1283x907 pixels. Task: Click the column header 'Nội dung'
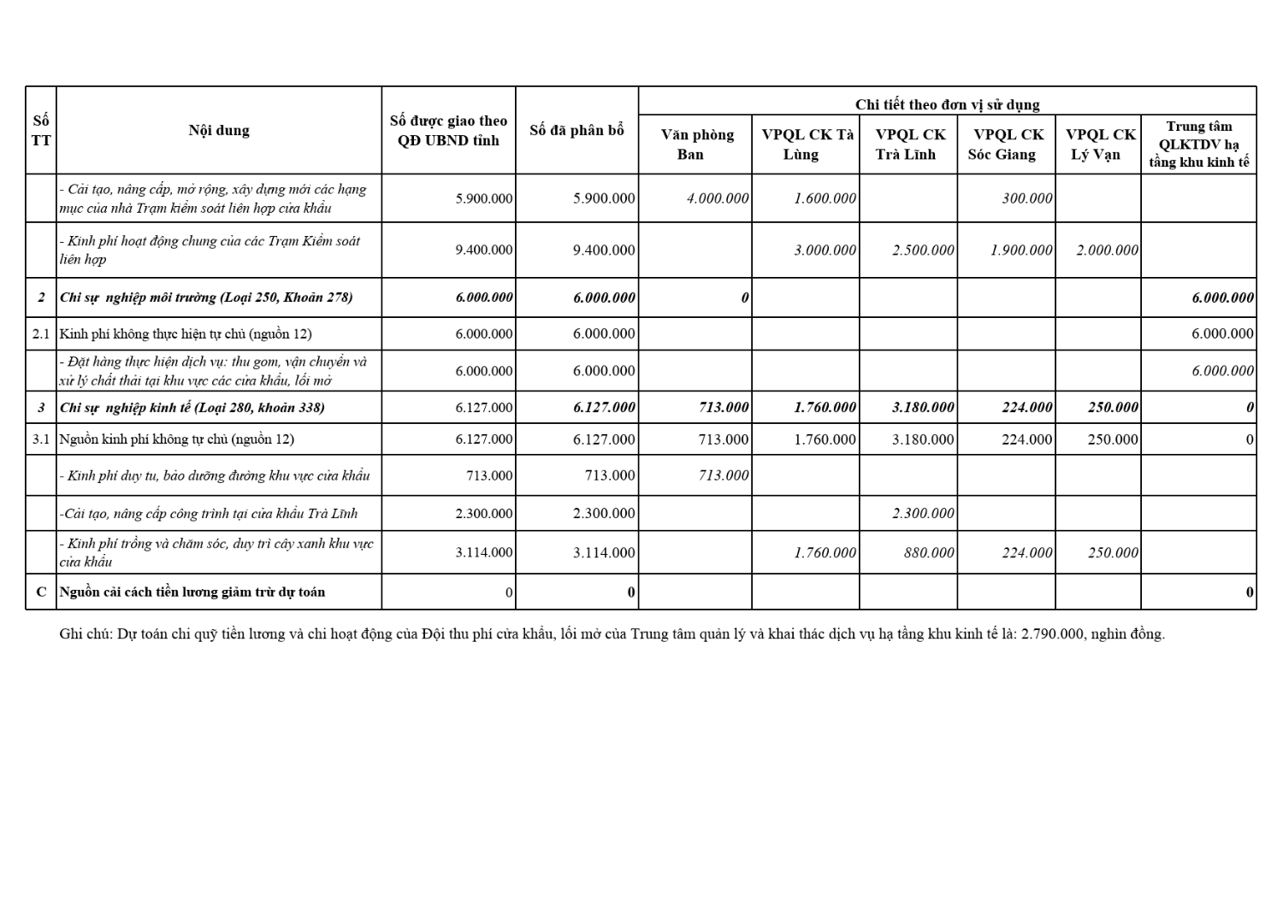tap(219, 130)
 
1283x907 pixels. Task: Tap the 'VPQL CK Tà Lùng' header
tap(806, 144)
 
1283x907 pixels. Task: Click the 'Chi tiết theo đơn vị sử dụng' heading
tap(947, 104)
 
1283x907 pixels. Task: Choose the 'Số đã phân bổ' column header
tap(576, 130)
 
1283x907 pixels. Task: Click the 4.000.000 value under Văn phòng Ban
tap(718, 198)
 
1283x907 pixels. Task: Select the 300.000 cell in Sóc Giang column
tap(1027, 198)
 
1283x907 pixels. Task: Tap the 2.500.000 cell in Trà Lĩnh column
tap(923, 250)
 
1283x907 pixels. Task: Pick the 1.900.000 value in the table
tap(1021, 250)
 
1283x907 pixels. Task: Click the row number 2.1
tap(41, 334)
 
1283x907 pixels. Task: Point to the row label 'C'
tap(41, 592)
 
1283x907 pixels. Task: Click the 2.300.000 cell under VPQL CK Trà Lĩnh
tap(923, 514)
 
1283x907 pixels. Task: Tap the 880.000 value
tap(929, 553)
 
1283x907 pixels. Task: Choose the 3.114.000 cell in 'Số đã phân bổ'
tap(604, 553)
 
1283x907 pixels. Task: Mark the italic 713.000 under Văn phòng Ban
tap(724, 475)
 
